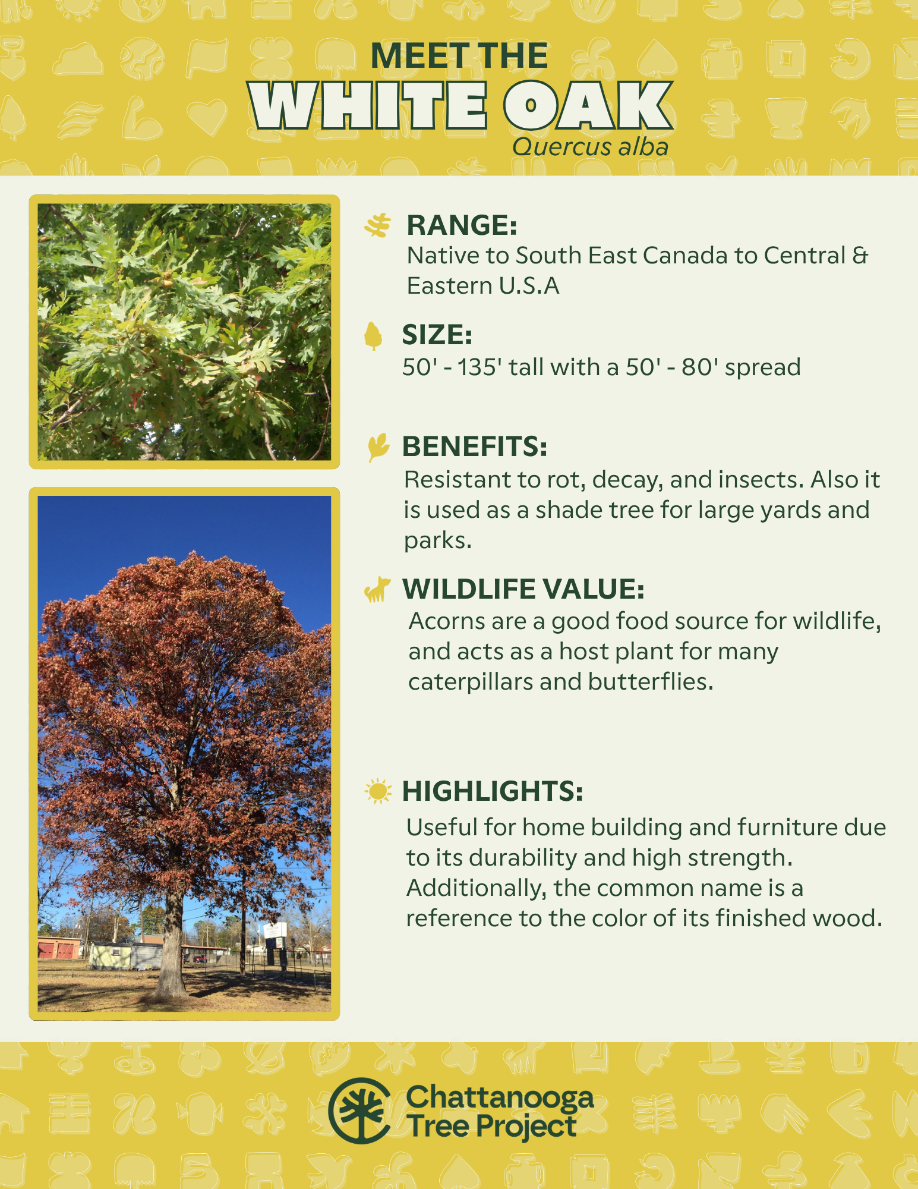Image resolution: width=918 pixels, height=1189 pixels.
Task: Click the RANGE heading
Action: pyautogui.click(x=462, y=225)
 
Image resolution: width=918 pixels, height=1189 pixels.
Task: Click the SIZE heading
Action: pyautogui.click(x=437, y=335)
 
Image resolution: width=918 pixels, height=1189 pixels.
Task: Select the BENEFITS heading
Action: pyautogui.click(x=475, y=446)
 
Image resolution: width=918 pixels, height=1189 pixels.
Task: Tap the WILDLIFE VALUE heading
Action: pyautogui.click(x=523, y=589)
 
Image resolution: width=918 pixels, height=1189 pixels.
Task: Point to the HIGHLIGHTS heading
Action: pyautogui.click(x=493, y=791)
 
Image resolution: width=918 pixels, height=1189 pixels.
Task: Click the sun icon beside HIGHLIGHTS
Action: pyautogui.click(x=378, y=791)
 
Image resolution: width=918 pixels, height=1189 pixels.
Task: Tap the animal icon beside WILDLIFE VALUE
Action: pyautogui.click(x=377, y=589)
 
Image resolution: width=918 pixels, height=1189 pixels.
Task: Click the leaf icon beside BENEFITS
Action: pyautogui.click(x=378, y=446)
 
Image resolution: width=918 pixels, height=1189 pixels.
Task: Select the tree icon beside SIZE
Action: pyautogui.click(x=373, y=336)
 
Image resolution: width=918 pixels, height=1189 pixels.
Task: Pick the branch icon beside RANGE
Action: pyautogui.click(x=378, y=225)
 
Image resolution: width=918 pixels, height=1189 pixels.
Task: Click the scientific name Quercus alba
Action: pyautogui.click(x=590, y=147)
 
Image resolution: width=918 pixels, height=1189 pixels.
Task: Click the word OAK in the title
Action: pyautogui.click(x=588, y=106)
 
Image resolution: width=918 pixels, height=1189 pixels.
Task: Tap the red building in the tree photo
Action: pyautogui.click(x=59, y=948)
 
